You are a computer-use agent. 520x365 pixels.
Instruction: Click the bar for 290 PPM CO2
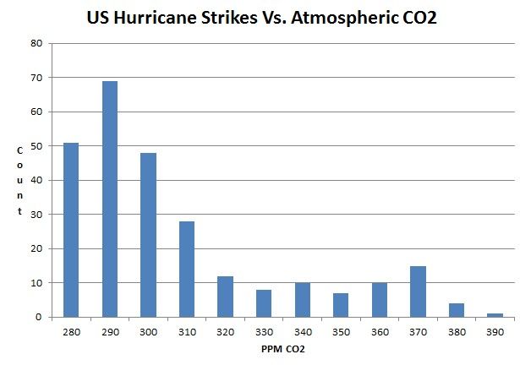109,199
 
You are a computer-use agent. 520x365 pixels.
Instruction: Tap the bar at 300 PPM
148,235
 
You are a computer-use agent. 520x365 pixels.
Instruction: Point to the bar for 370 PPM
418,291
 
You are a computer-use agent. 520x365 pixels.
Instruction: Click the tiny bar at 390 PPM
495,315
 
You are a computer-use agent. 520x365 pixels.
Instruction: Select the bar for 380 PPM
457,310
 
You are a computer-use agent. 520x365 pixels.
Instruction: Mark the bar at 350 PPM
341,305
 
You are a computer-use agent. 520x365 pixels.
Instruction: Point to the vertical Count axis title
19,181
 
